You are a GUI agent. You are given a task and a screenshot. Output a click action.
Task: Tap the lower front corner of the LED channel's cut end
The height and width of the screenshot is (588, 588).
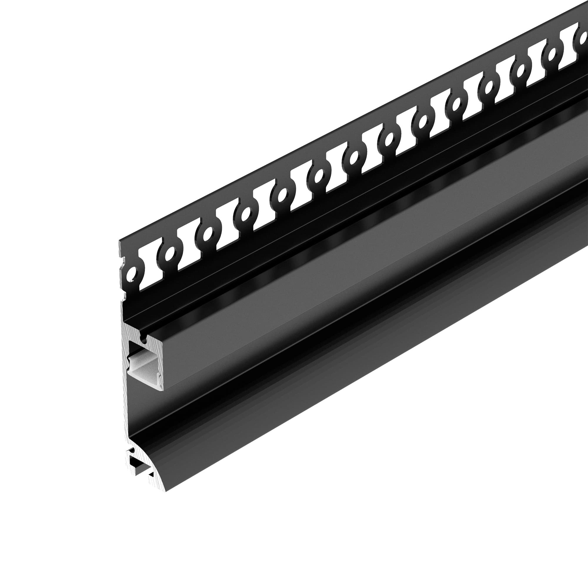coord(164,390)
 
